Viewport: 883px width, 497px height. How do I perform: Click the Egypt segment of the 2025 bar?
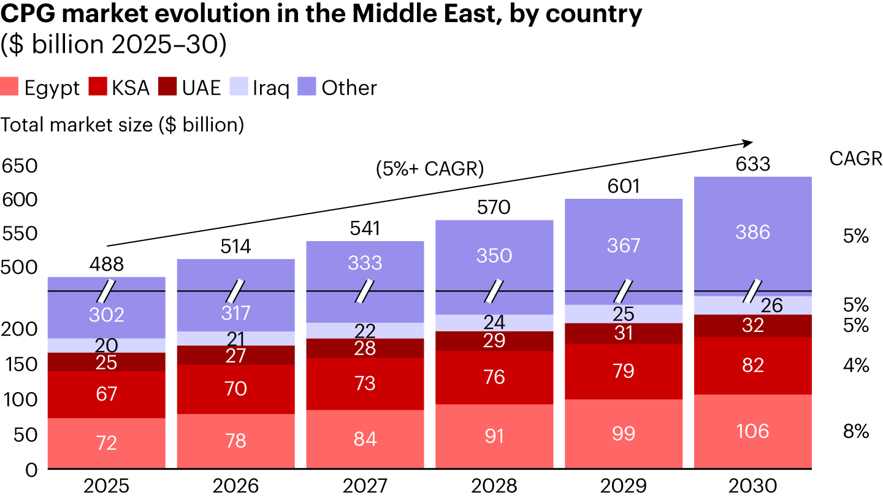point(107,443)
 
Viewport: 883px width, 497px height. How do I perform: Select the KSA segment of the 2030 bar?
point(752,366)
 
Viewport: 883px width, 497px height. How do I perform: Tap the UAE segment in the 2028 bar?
point(494,341)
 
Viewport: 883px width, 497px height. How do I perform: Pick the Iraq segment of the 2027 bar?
point(365,331)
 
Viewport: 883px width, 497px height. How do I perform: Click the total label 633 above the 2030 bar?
point(752,164)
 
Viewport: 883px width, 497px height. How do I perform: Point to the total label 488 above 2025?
point(107,264)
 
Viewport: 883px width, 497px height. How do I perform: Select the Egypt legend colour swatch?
point(10,88)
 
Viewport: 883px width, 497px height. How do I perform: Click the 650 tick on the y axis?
point(20,166)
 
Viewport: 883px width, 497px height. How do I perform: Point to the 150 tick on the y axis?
point(20,364)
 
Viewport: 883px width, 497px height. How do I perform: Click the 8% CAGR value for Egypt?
point(856,431)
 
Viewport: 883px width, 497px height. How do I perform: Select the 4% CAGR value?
point(856,366)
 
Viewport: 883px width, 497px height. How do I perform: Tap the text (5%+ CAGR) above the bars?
point(430,169)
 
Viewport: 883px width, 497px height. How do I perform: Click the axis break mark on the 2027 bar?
point(365,291)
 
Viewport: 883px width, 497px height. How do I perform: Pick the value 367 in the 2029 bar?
point(623,245)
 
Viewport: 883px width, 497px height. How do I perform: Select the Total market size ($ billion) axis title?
point(123,125)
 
